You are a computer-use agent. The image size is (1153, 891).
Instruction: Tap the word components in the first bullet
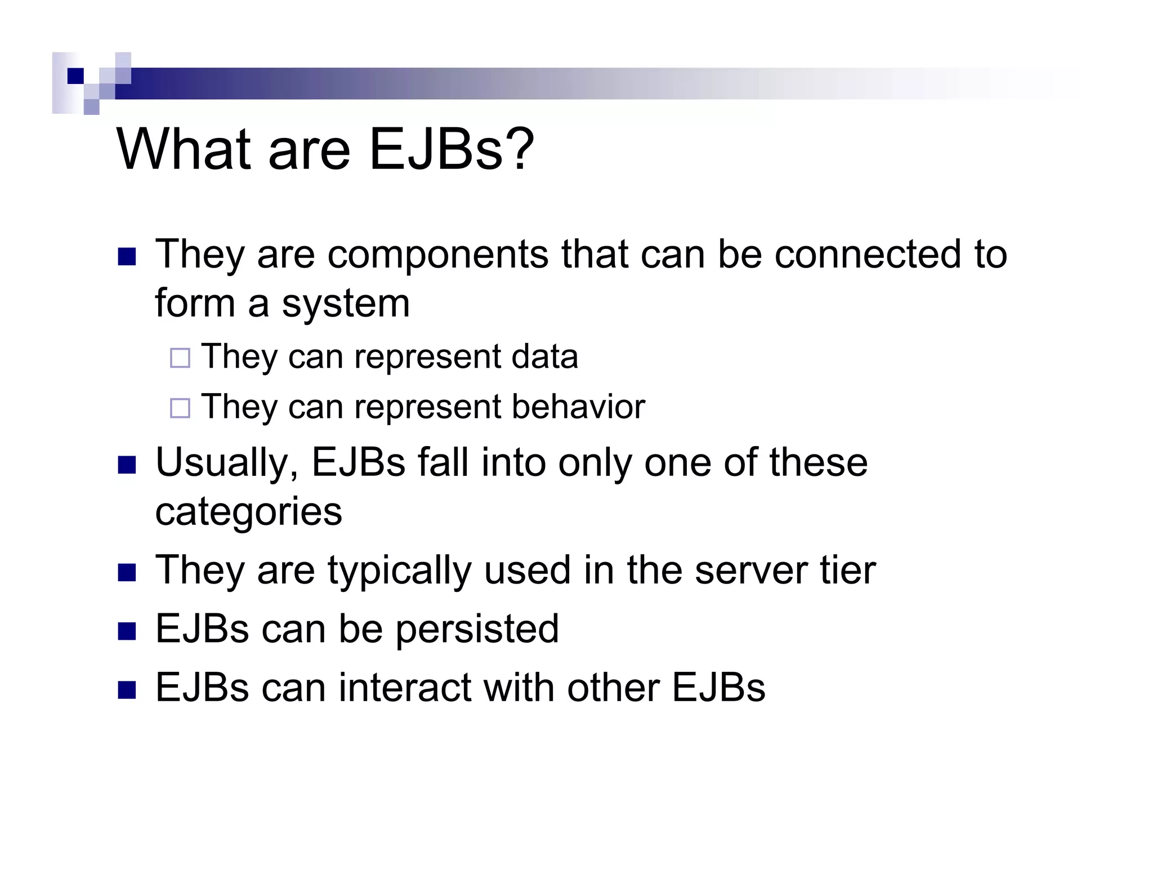pos(437,255)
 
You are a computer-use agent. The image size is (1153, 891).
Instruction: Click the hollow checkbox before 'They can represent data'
pos(180,358)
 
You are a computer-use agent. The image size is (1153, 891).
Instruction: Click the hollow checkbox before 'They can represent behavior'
pos(180,408)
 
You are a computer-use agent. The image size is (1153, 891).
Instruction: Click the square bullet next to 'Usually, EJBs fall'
pos(127,465)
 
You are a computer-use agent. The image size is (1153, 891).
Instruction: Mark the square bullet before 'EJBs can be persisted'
pos(127,631)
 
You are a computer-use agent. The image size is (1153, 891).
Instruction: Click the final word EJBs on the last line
pos(718,688)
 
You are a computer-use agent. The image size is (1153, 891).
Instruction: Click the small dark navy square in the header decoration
pos(75,76)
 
